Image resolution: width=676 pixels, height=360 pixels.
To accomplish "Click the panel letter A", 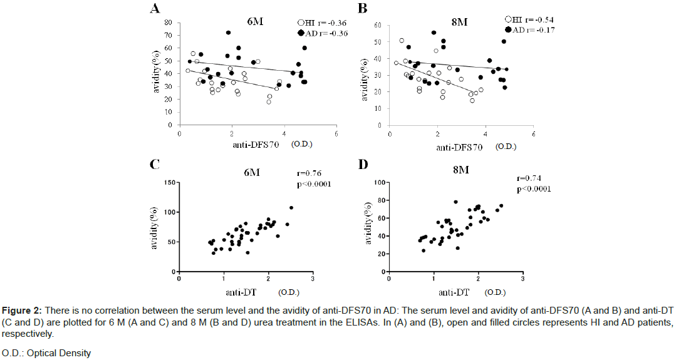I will (x=154, y=9).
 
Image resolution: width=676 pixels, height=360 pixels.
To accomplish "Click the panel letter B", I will (x=362, y=8).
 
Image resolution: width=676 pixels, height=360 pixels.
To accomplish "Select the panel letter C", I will (x=153, y=165).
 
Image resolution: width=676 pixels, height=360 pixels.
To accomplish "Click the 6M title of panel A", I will (x=255, y=21).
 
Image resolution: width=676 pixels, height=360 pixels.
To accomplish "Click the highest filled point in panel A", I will (x=229, y=33).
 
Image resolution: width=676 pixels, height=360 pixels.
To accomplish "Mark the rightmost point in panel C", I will (x=291, y=208).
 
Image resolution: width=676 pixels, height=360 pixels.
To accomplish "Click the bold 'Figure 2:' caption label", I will (x=21, y=311).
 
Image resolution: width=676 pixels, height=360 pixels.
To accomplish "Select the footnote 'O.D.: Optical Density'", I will (x=46, y=352).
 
